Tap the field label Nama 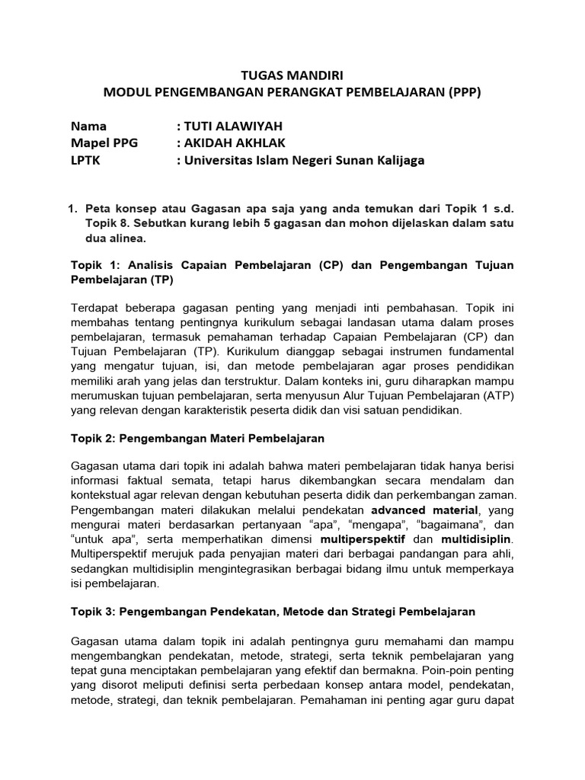pyautogui.click(x=89, y=126)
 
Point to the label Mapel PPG pyautogui.click(x=104, y=142)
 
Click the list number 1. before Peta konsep pyautogui.click(x=74, y=208)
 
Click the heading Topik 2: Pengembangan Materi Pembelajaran pyautogui.click(x=197, y=439)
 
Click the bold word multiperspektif pyautogui.click(x=364, y=539)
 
